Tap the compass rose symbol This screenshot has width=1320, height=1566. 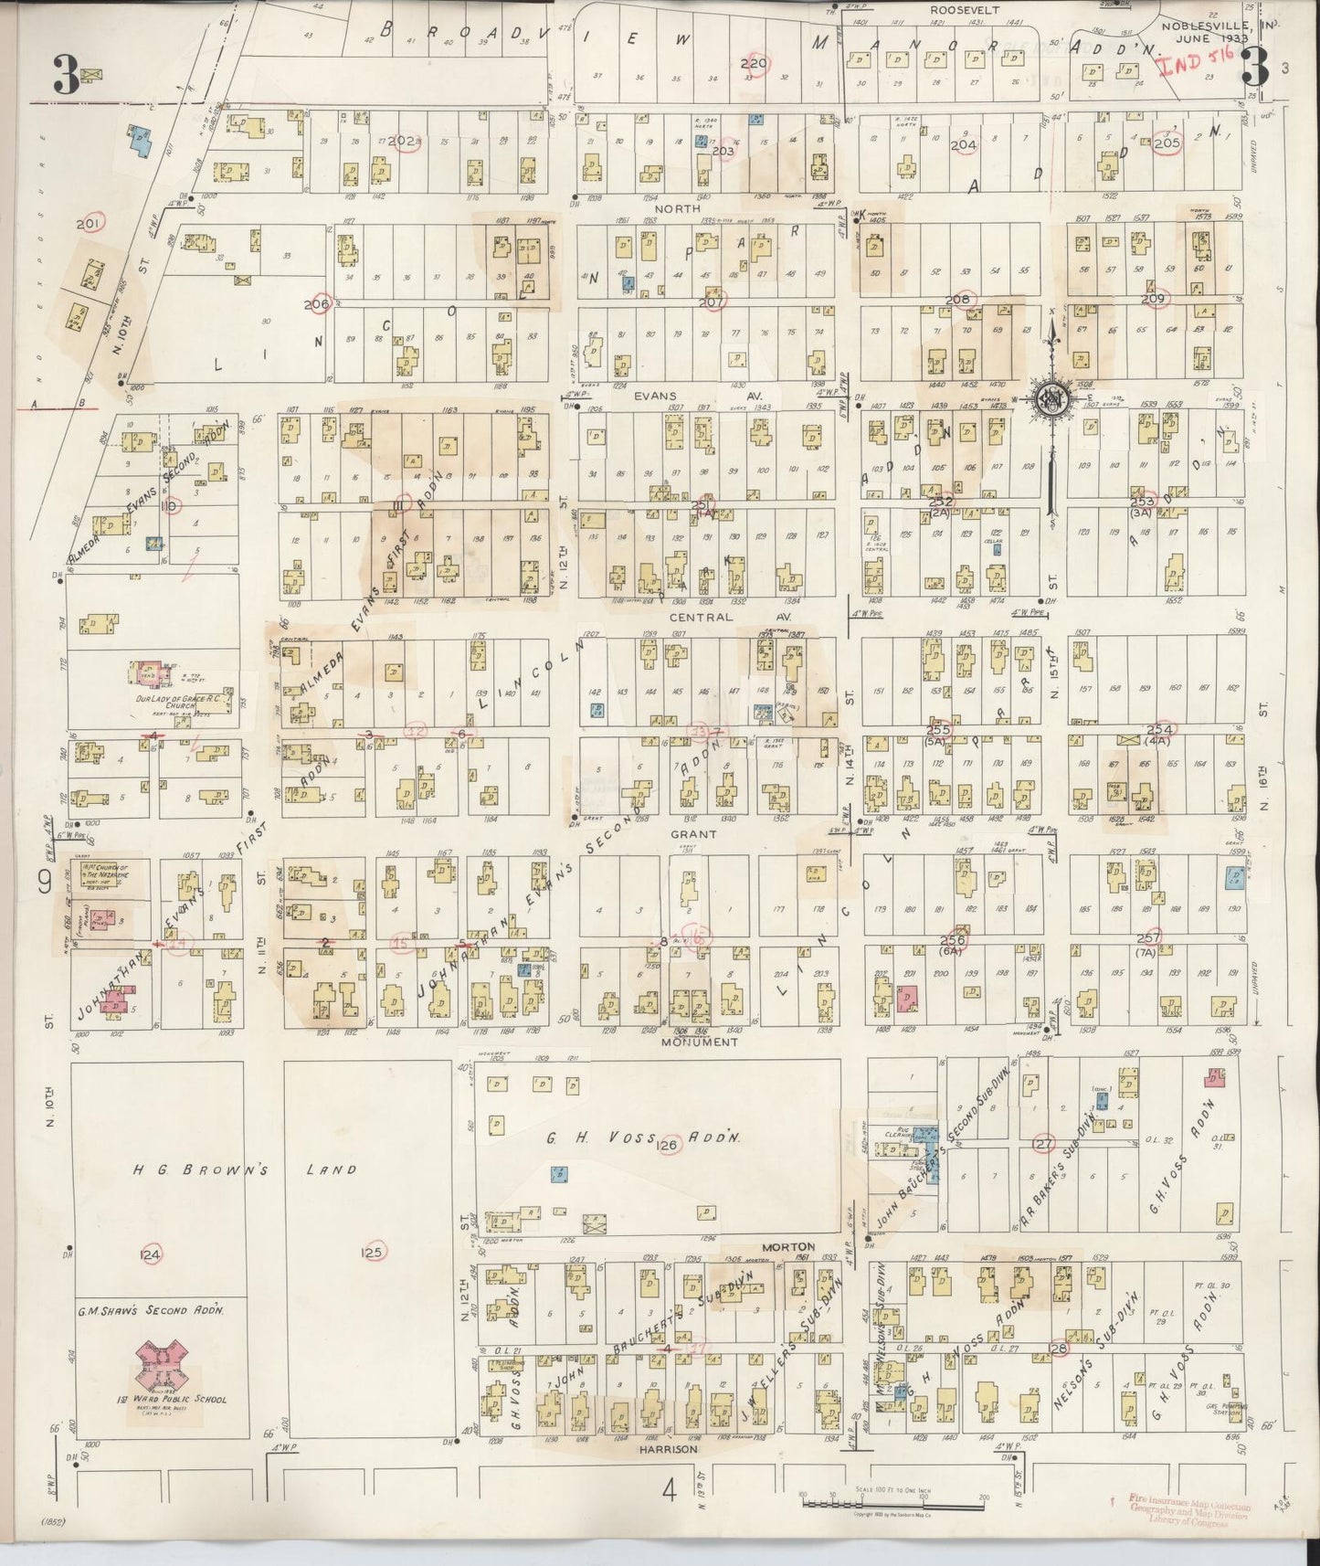coord(1052,399)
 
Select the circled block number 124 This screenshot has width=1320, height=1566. coord(150,1254)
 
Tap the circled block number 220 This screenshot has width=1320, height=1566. coord(755,64)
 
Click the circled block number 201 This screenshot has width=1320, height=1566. coord(90,223)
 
